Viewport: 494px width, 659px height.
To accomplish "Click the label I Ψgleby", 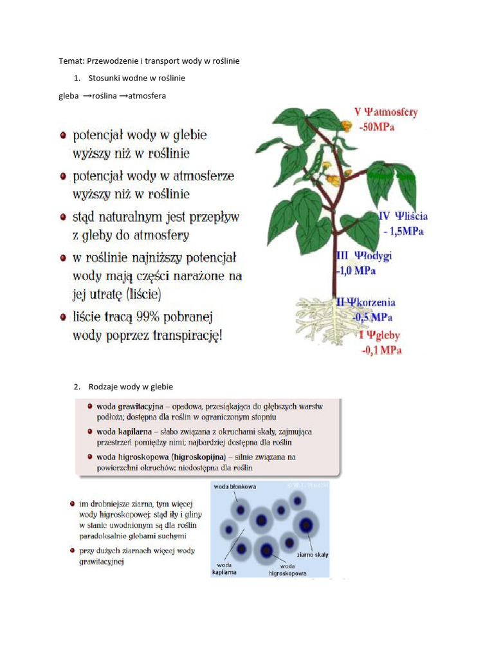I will (379, 335).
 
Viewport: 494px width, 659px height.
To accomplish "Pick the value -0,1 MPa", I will (381, 350).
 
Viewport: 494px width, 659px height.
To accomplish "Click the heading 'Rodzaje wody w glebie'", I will (131, 386).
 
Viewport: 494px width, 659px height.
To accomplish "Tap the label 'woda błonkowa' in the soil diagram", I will (234, 487).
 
